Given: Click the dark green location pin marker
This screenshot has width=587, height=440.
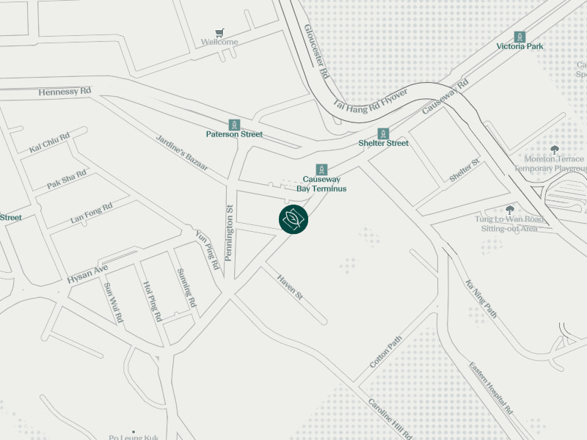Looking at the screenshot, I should [x=293, y=219].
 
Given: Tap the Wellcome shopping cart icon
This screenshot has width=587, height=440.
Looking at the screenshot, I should [x=219, y=32].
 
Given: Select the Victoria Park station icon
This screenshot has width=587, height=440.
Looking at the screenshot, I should [x=519, y=37].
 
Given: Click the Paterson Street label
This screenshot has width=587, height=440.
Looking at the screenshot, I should [x=234, y=134].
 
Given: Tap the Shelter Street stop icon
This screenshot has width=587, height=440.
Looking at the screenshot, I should [x=383, y=133].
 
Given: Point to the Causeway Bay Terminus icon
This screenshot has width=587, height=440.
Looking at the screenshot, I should [x=321, y=169].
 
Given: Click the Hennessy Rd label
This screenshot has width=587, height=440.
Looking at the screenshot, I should [x=65, y=91].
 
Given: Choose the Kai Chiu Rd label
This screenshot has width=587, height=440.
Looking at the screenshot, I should [x=49, y=143].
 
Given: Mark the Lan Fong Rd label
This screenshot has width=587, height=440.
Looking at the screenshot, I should [x=92, y=213].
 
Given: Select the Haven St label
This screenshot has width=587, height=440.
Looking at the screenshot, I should [x=290, y=286].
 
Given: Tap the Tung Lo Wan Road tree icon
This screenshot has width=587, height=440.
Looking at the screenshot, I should [x=510, y=210].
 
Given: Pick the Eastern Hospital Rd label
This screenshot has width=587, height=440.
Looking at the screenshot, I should [x=491, y=388].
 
